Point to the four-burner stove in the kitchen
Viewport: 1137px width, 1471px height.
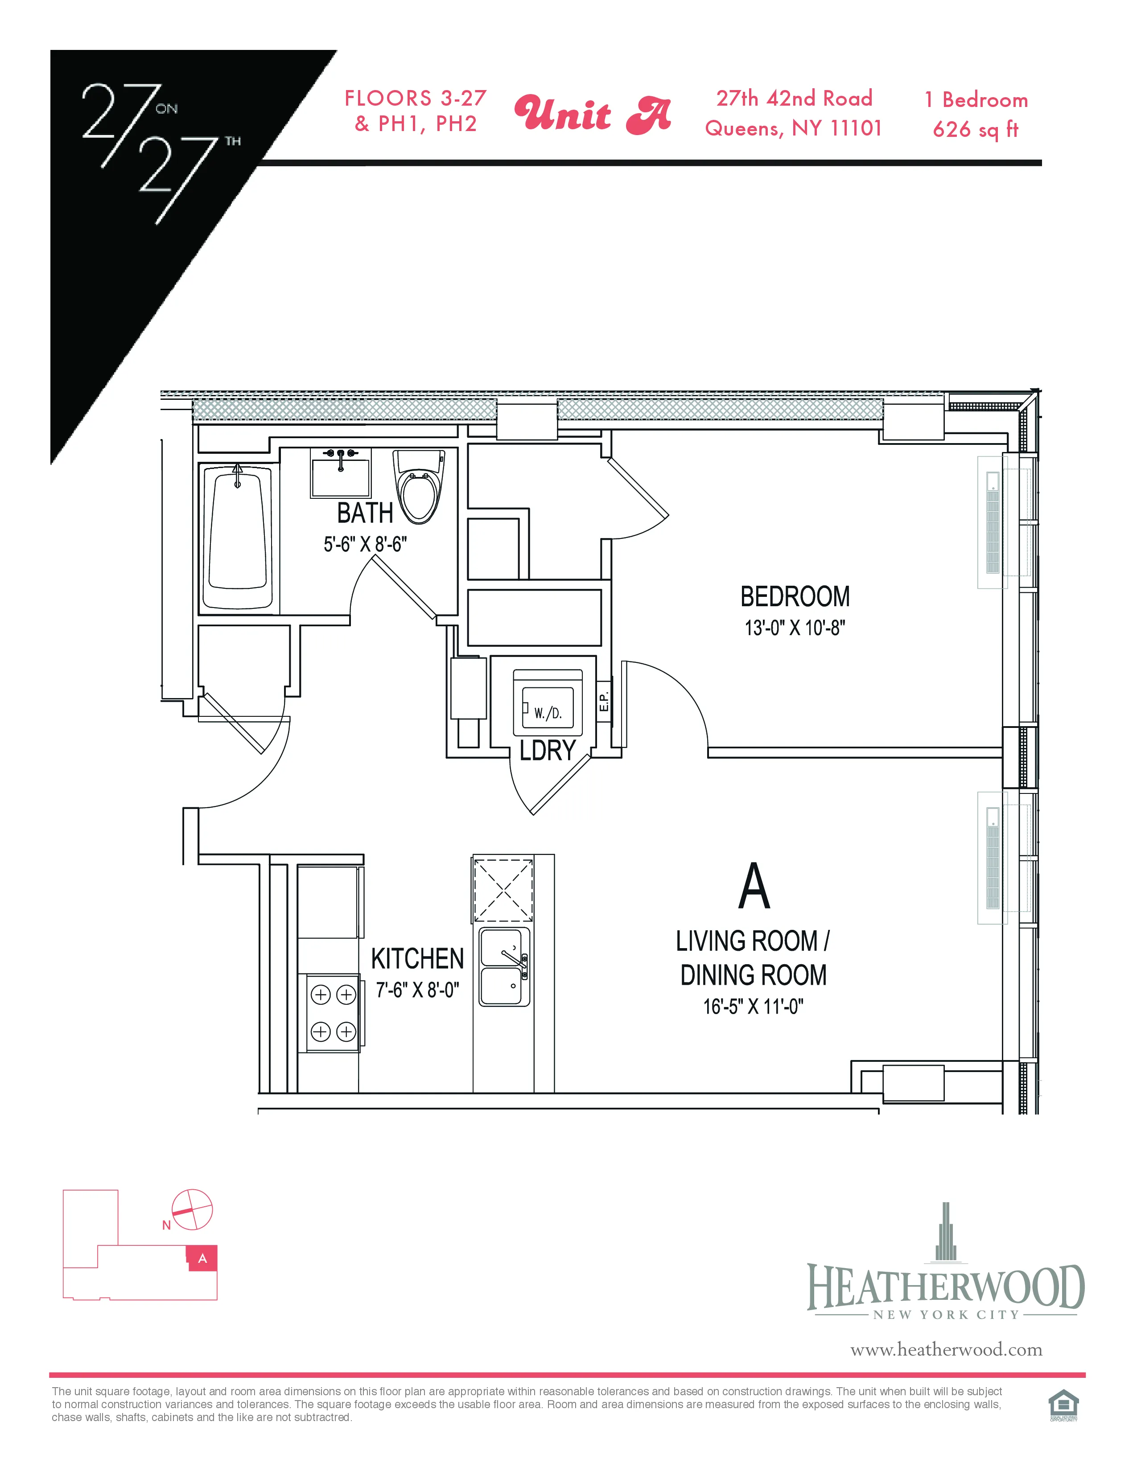point(333,1012)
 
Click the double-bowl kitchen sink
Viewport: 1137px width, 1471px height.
point(504,966)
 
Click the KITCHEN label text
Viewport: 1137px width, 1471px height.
point(418,958)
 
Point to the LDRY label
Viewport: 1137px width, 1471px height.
point(547,750)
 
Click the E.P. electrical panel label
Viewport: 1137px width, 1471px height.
point(604,701)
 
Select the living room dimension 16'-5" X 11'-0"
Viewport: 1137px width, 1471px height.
point(753,1006)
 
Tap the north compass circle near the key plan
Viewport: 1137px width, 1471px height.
point(193,1210)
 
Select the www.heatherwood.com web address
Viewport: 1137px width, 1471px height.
point(946,1350)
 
